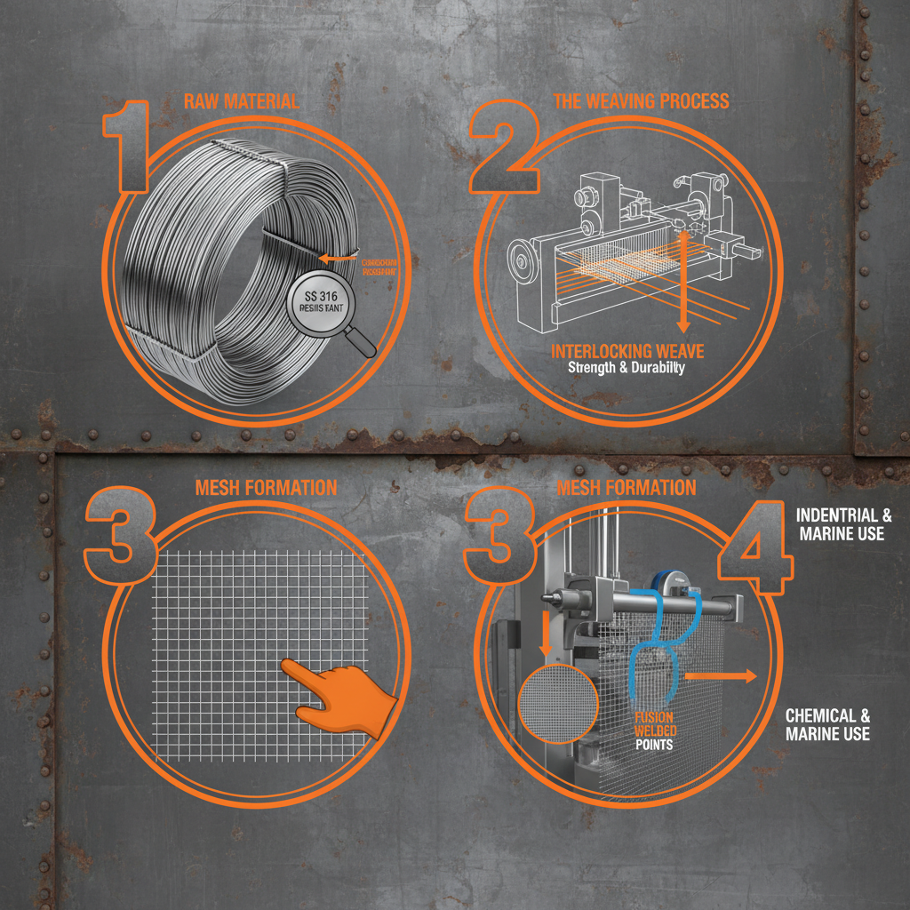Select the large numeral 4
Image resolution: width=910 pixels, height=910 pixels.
point(754,551)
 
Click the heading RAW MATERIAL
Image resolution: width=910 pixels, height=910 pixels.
point(241,101)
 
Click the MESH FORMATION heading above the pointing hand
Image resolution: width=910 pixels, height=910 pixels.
point(266,487)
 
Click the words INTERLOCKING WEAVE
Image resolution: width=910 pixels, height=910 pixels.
point(627,351)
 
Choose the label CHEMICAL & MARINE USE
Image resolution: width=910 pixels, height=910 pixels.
point(827,724)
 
